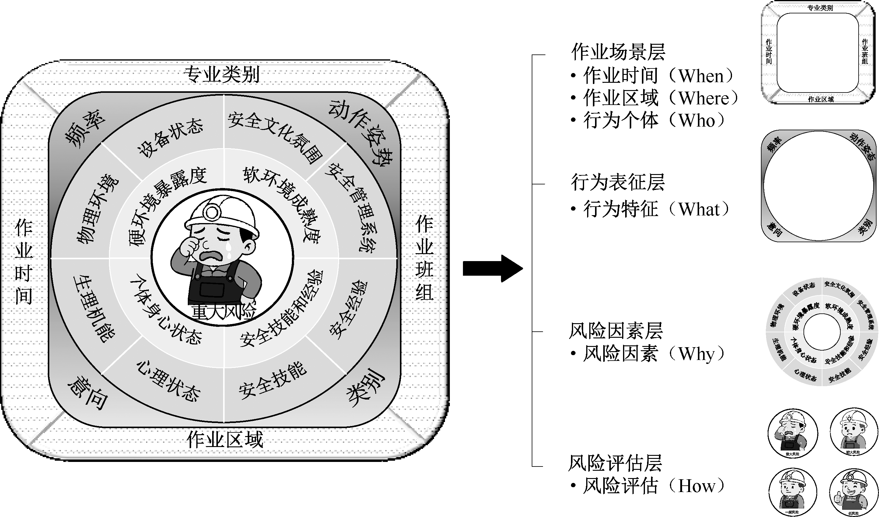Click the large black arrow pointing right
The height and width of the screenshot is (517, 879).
point(492,268)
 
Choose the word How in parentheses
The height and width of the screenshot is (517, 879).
point(697,486)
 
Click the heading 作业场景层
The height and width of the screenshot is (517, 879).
point(618,52)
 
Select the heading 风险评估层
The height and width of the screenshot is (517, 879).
point(615,463)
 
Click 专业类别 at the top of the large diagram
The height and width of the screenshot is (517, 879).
point(222,74)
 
